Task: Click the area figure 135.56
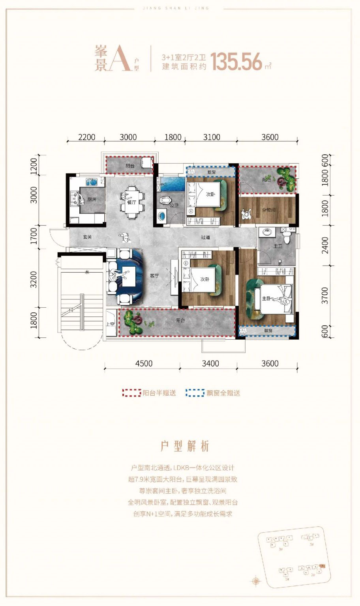pyautogui.click(x=236, y=62)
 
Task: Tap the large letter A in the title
pyautogui.click(x=120, y=59)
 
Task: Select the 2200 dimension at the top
pyautogui.click(x=86, y=137)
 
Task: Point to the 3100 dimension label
pyautogui.click(x=212, y=137)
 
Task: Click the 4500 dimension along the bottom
pyautogui.click(x=144, y=363)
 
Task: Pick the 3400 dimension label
pyautogui.click(x=210, y=363)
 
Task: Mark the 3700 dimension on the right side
pyautogui.click(x=324, y=295)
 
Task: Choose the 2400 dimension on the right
pyautogui.click(x=324, y=245)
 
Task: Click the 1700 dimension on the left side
pyautogui.click(x=34, y=236)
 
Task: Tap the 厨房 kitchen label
pyautogui.click(x=92, y=200)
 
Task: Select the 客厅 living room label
pyautogui.click(x=154, y=276)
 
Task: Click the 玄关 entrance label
pyautogui.click(x=87, y=237)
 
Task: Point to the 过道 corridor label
pyautogui.click(x=205, y=238)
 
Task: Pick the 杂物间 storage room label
pyautogui.click(x=268, y=210)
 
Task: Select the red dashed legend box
pyautogui.click(x=131, y=393)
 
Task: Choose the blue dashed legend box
pyautogui.click(x=195, y=393)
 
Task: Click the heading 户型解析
pyautogui.click(x=185, y=446)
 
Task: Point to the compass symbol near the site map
pyautogui.click(x=256, y=581)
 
